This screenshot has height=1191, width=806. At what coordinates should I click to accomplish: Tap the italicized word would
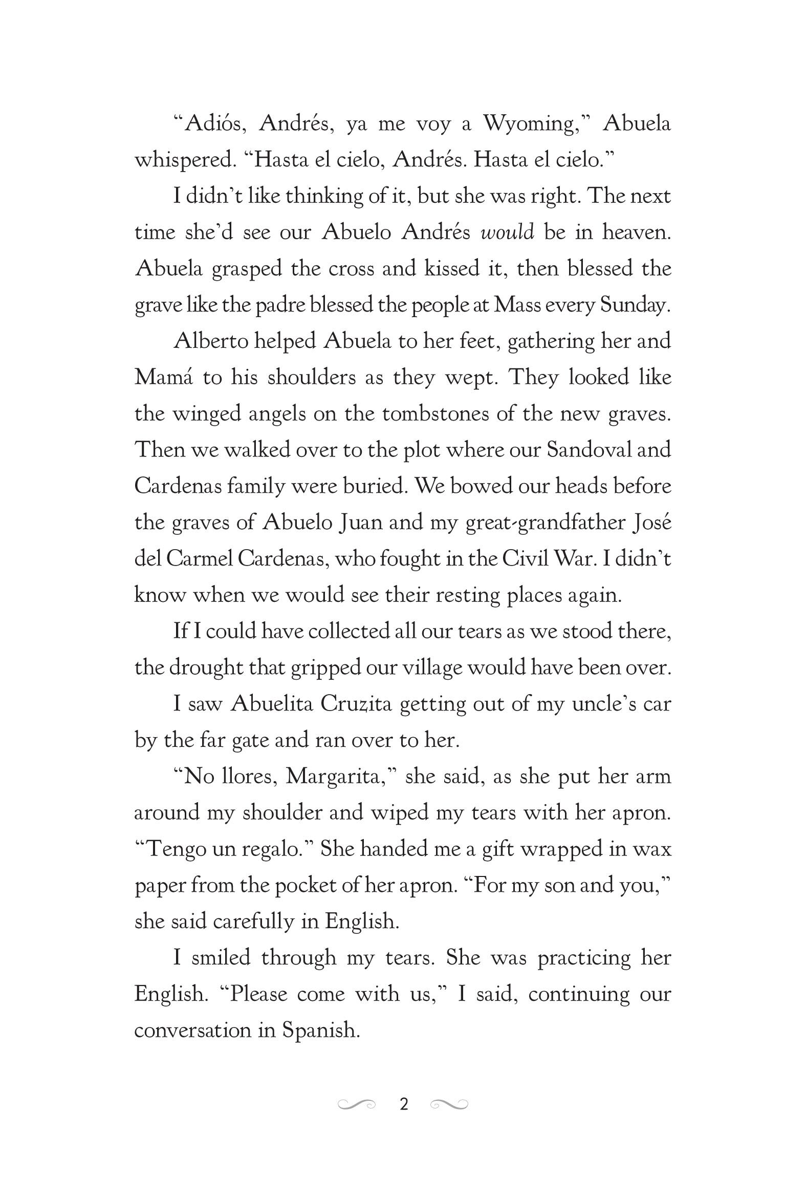tap(508, 233)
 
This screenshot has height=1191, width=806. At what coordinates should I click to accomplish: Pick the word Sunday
tap(635, 305)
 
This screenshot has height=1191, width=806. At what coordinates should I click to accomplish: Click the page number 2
tap(404, 1104)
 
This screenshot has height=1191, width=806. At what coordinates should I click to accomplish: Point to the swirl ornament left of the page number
tap(356, 1104)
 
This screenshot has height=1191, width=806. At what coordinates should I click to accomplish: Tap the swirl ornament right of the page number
tap(449, 1104)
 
